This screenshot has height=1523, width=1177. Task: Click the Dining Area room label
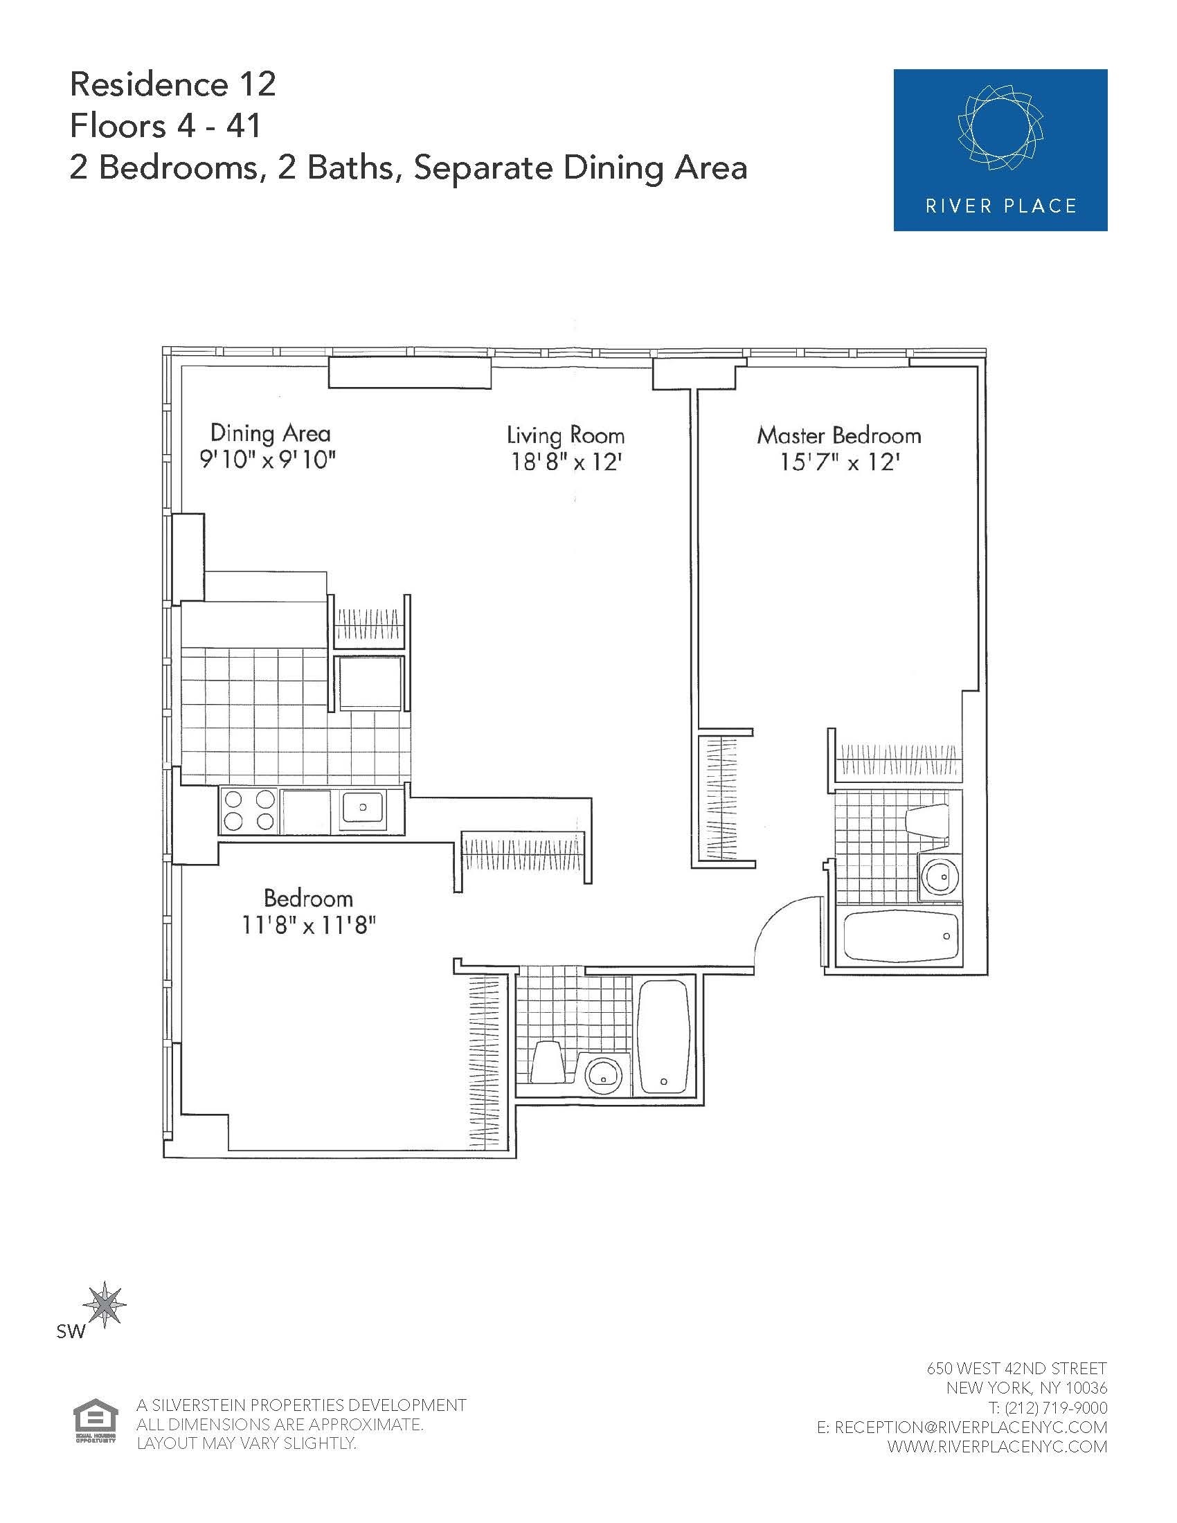click(270, 433)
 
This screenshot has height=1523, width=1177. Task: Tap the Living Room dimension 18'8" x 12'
click(566, 462)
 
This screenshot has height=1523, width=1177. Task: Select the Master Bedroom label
click(839, 436)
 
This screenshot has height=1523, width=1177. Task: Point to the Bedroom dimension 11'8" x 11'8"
click(308, 926)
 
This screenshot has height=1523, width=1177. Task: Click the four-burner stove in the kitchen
click(249, 811)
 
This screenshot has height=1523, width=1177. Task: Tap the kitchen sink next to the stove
click(362, 809)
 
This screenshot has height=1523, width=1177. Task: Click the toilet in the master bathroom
click(927, 823)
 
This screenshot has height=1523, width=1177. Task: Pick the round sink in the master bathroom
click(939, 876)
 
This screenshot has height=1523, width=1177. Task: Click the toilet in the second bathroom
click(549, 1061)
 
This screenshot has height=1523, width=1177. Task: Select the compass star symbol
click(105, 1304)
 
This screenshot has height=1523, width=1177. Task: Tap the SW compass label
click(71, 1331)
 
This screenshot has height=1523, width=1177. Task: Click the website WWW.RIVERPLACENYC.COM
click(997, 1446)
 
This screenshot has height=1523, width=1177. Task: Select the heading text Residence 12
click(173, 85)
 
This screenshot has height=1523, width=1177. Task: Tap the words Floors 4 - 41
click(165, 126)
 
